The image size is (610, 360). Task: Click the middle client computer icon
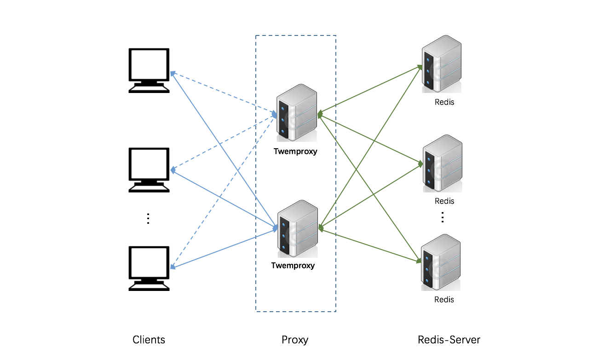[x=149, y=169]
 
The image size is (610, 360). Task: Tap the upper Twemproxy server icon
[x=297, y=113]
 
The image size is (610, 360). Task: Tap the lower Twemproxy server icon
[x=298, y=229]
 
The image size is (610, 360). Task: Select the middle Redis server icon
[x=442, y=163]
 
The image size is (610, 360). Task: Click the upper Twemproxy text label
[x=295, y=151]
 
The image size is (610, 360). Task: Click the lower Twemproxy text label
[x=293, y=266]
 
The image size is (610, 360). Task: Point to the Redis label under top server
[x=444, y=102]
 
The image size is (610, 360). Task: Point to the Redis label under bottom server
[x=444, y=300]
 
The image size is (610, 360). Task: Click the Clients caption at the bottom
[x=149, y=340]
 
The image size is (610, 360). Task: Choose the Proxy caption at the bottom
[x=295, y=340]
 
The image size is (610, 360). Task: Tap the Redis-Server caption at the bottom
[x=449, y=340]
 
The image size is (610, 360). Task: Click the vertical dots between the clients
[x=148, y=218]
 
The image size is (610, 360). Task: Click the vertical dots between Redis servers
[x=442, y=217]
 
